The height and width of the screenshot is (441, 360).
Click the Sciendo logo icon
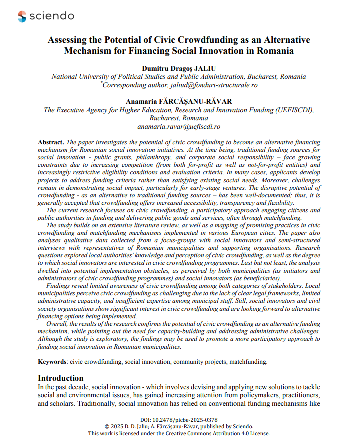pyautogui.click(x=22, y=16)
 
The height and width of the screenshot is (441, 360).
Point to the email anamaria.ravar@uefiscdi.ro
pyautogui.click(x=179, y=127)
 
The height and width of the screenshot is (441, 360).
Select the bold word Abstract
pyautogui.click(x=51, y=142)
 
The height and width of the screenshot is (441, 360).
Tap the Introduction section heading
pyautogui.click(x=61, y=378)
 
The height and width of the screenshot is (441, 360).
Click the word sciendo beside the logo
pyautogui.click(x=52, y=16)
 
